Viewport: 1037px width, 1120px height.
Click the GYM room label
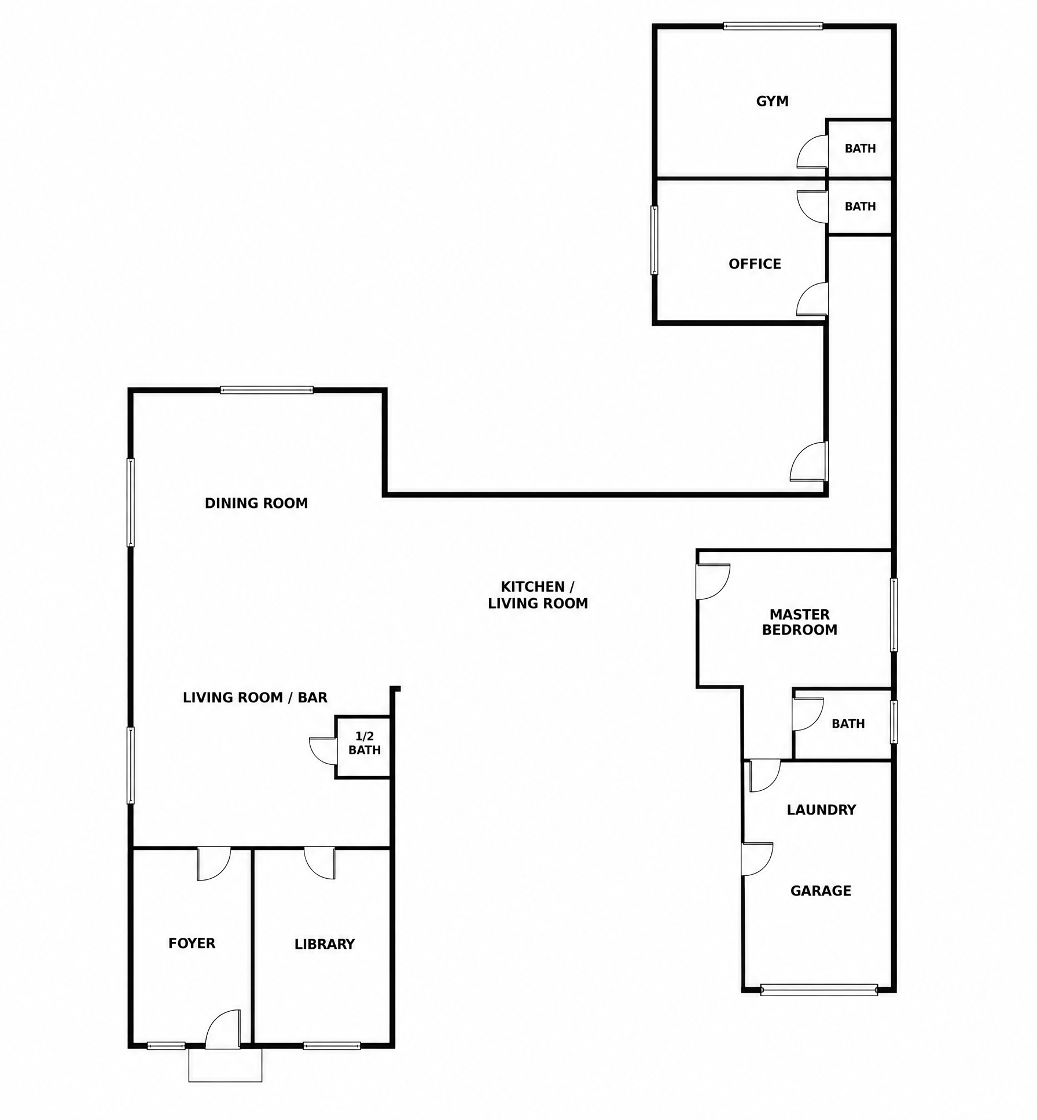(x=773, y=101)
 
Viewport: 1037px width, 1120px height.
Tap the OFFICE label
(x=755, y=264)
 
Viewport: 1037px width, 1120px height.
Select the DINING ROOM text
(x=256, y=503)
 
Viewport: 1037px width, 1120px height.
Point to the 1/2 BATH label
(x=365, y=743)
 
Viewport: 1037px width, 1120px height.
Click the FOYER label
(x=192, y=944)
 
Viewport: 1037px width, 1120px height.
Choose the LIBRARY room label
(x=324, y=944)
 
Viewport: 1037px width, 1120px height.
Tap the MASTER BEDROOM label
(x=800, y=622)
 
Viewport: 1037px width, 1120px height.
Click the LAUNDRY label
(x=821, y=810)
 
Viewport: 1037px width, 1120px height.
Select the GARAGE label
(x=821, y=891)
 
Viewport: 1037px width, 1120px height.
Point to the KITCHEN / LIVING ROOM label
(x=538, y=595)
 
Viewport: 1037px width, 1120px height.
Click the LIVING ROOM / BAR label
(x=255, y=698)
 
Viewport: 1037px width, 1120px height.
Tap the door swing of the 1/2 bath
(x=323, y=751)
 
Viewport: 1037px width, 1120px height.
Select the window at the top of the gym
(x=773, y=26)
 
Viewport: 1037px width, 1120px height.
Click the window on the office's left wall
(x=654, y=240)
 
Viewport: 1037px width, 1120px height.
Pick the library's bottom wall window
(x=332, y=1046)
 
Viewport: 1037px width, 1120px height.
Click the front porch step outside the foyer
(x=225, y=1064)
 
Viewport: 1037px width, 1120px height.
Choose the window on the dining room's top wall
(x=267, y=390)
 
